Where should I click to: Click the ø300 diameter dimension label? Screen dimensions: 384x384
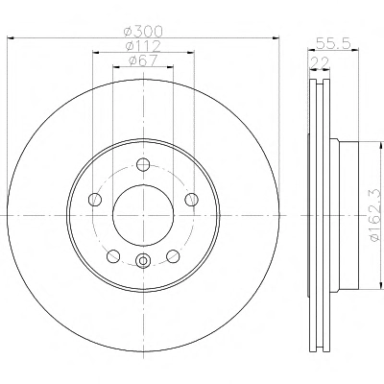(143, 32)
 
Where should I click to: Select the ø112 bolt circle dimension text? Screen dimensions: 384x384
(143, 46)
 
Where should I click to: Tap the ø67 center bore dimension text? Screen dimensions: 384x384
(143, 60)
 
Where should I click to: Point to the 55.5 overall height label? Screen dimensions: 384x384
(333, 43)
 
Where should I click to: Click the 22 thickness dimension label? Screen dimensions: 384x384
(320, 62)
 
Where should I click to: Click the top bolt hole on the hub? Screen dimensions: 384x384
(143, 164)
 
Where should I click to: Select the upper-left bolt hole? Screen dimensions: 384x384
(95, 200)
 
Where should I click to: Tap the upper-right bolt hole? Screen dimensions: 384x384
(191, 200)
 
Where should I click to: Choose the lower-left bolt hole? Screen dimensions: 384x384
(113, 256)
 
